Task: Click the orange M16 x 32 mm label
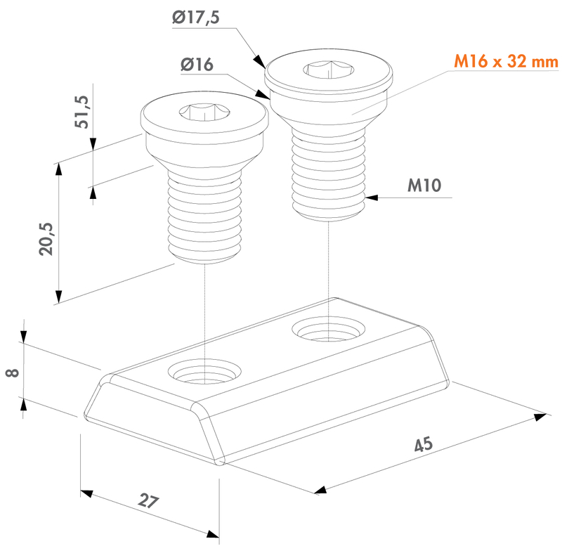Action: pyautogui.click(x=505, y=63)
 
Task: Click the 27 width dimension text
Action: pyautogui.click(x=148, y=502)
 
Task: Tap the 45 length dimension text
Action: pyautogui.click(x=423, y=444)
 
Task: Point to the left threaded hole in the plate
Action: pyautogui.click(x=203, y=372)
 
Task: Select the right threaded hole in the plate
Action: pyautogui.click(x=327, y=328)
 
